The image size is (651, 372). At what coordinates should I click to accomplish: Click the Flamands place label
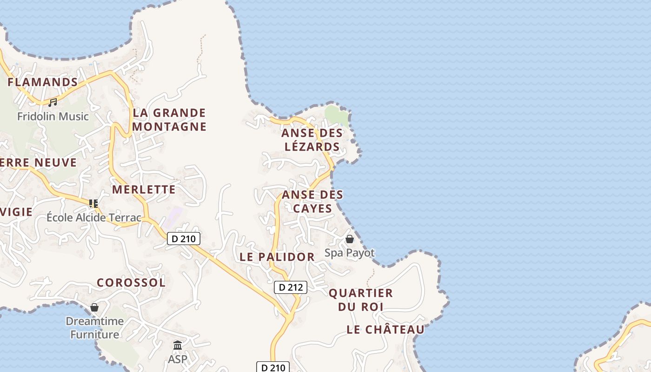[x=43, y=82]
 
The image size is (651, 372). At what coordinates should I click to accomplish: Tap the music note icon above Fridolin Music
[x=53, y=102]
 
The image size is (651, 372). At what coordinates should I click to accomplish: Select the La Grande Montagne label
[x=169, y=120]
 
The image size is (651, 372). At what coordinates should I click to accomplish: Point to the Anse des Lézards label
[x=312, y=139]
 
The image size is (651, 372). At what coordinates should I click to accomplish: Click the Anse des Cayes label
[x=312, y=201]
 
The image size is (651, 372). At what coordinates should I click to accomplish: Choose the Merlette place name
[x=144, y=189]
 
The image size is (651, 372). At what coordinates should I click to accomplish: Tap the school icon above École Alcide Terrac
[x=93, y=203]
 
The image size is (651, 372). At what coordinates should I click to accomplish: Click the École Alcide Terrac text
[x=93, y=217]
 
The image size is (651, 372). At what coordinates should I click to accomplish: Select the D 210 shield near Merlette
[x=184, y=239]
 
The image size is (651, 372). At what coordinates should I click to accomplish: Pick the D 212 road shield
[x=291, y=287]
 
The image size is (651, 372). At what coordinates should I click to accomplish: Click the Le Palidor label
[x=277, y=257]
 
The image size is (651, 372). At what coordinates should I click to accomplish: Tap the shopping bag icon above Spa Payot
[x=350, y=239]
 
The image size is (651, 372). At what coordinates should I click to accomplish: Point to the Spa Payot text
[x=350, y=253]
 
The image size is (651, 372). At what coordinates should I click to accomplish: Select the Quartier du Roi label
[x=361, y=300]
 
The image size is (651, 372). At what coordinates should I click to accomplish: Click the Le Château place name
[x=385, y=330]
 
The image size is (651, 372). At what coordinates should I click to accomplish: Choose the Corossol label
[x=131, y=282]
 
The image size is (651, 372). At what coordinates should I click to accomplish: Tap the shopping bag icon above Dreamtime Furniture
[x=94, y=307]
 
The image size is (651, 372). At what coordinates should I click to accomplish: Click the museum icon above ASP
[x=178, y=345]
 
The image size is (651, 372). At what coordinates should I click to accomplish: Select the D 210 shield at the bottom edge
[x=273, y=367]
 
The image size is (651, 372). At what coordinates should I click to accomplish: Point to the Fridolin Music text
[x=53, y=116]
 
